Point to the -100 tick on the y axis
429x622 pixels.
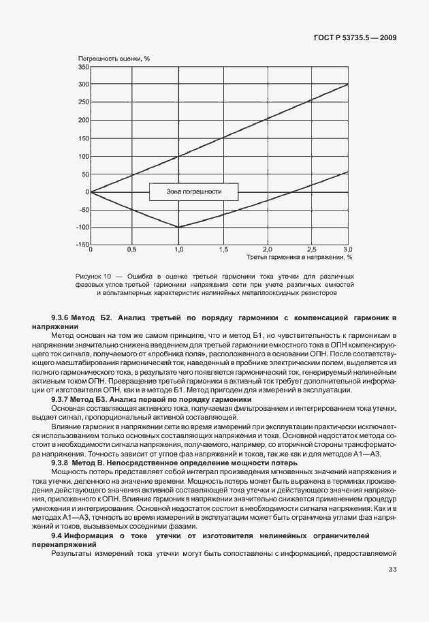click(x=81, y=228)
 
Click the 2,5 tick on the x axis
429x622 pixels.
click(x=311, y=250)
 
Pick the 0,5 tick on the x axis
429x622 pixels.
click(x=133, y=250)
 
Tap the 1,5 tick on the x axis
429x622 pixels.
click(x=223, y=250)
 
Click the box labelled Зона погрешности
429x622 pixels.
click(x=194, y=192)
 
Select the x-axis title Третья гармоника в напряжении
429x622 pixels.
click(x=300, y=258)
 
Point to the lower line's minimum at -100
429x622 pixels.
click(x=178, y=228)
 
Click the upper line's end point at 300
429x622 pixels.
click(x=348, y=84)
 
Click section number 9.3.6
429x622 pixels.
click(x=63, y=318)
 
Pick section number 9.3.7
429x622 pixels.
click(x=63, y=399)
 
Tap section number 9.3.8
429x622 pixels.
click(x=63, y=463)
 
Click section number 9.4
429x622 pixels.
click(x=57, y=535)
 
